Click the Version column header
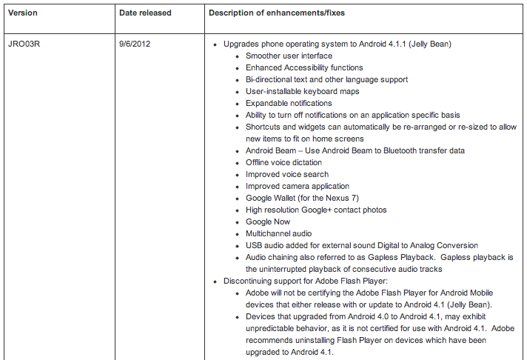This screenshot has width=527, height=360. (22, 13)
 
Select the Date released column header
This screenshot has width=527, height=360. (145, 13)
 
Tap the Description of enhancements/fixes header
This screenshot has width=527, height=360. (276, 13)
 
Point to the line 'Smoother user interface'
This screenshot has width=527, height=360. (289, 56)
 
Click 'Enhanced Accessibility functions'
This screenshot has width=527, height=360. (304, 67)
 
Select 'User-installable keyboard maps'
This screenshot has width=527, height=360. (303, 91)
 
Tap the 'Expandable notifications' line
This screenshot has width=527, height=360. (289, 103)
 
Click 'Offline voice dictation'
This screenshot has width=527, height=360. (283, 162)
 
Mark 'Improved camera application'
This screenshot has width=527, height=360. (298, 186)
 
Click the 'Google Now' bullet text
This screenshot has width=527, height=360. (268, 221)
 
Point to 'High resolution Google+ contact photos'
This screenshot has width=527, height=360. (316, 210)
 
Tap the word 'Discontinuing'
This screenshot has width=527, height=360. (249, 281)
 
